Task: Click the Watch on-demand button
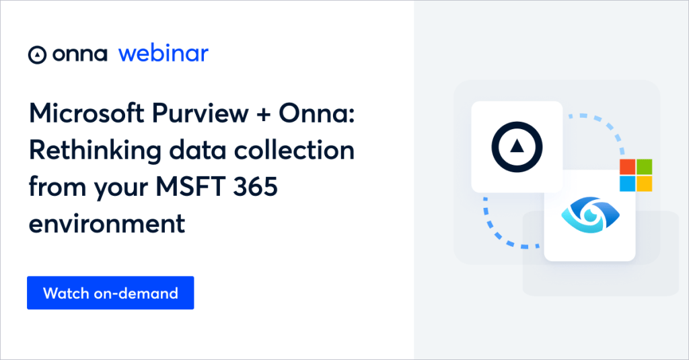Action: tap(110, 293)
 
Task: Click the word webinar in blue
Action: tap(164, 54)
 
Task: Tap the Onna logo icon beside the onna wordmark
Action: tap(36, 55)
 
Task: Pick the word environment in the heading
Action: tap(106, 223)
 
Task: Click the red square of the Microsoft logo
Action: tap(627, 167)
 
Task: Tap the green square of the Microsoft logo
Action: tap(644, 167)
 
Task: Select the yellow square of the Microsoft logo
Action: tap(644, 183)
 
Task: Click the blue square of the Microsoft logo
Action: tap(627, 183)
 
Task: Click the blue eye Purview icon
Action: tap(589, 215)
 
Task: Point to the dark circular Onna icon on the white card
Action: tap(517, 146)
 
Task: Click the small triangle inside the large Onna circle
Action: tap(517, 146)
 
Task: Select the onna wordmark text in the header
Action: tap(79, 55)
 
